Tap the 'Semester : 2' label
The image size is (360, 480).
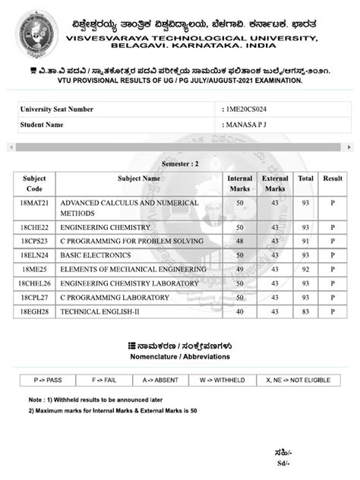point(180,163)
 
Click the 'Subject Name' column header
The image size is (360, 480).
point(139,178)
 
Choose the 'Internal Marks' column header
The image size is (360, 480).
point(240,183)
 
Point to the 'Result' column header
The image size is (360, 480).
point(333,178)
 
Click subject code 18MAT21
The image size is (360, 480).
point(35,204)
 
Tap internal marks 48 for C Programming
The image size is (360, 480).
point(240,241)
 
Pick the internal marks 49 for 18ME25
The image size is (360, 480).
point(240,269)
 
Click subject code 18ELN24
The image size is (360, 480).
point(35,255)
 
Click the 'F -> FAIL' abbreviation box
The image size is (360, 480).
point(104,378)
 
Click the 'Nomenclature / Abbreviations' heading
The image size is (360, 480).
point(180,356)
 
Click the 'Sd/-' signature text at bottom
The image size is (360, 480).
point(283,463)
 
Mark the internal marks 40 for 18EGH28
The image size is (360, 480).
point(240,311)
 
